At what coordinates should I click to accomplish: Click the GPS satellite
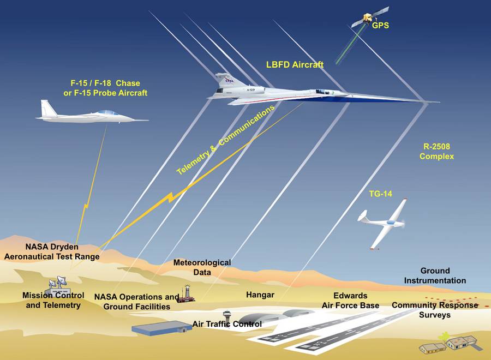point(370,17)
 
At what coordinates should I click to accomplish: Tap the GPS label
point(380,25)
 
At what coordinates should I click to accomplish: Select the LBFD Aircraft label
point(295,65)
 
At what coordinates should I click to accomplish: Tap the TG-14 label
point(380,194)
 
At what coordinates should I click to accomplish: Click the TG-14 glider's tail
point(362,217)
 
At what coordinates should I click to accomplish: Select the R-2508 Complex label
point(436,151)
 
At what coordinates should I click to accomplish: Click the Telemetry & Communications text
point(225,140)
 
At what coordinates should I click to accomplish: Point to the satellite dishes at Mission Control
point(58,282)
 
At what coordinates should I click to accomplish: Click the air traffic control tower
point(227,316)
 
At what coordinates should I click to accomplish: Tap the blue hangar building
point(161,328)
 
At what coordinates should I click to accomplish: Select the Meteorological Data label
point(202,267)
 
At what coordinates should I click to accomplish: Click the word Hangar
point(260,295)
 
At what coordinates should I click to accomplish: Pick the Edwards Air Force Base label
point(350,301)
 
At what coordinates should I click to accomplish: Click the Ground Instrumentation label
point(435,275)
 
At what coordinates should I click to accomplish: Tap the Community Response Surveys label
point(435,310)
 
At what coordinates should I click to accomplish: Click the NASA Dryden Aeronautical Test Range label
point(52,251)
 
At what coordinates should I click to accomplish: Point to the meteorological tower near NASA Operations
point(187,293)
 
